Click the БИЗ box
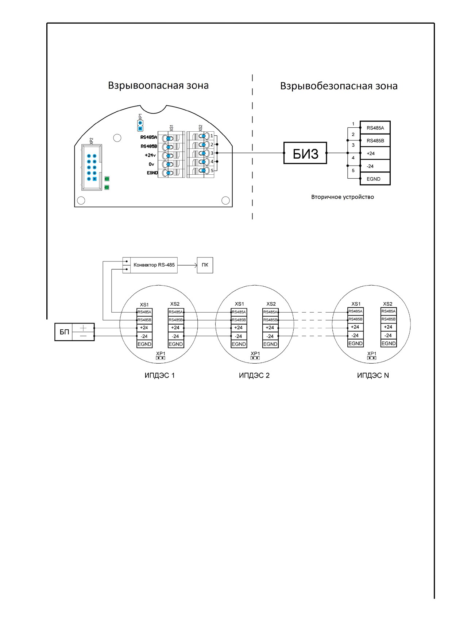[305, 153]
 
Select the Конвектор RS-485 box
[150, 265]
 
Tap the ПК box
[205, 265]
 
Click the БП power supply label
[64, 332]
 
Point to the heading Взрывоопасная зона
[158, 86]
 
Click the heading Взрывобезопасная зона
[339, 86]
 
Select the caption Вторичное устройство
[343, 197]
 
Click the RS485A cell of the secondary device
[375, 128]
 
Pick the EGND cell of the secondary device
[375, 179]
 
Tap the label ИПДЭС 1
[160, 375]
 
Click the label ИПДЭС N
[373, 375]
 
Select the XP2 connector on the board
[91, 167]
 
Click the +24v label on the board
[150, 155]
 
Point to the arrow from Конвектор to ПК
[187, 265]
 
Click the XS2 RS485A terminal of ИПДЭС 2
[270, 312]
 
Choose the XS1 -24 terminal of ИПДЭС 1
[144, 336]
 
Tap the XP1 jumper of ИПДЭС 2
[255, 358]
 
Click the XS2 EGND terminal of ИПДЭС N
[389, 343]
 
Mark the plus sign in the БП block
[83, 328]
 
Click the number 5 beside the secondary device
[353, 171]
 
